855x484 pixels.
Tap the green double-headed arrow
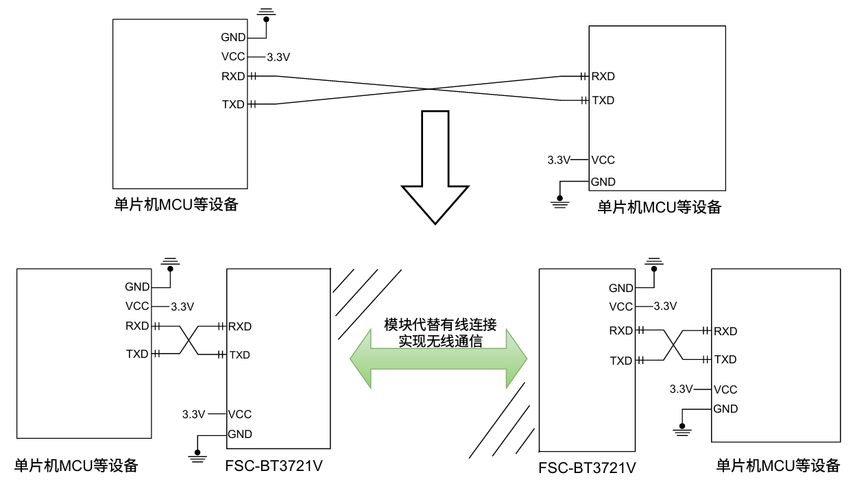(x=439, y=358)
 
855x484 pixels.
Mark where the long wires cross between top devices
(x=429, y=88)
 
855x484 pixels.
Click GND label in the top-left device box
(x=233, y=37)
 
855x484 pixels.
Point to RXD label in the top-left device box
(x=233, y=76)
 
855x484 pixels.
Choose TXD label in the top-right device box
(x=603, y=100)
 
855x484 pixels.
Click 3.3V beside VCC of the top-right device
(x=559, y=160)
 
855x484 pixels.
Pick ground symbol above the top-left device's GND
(x=265, y=12)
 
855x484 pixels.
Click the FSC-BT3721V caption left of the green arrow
(x=274, y=466)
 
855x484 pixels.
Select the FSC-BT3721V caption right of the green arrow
(x=587, y=469)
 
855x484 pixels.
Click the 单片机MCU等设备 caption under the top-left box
(x=176, y=204)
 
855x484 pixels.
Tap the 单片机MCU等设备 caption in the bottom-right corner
(x=778, y=466)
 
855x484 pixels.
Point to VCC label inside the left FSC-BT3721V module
(x=240, y=414)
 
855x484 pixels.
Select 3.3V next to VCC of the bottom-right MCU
(x=682, y=389)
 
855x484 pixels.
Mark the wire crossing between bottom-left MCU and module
(x=189, y=340)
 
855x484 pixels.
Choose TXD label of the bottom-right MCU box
(x=725, y=359)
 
